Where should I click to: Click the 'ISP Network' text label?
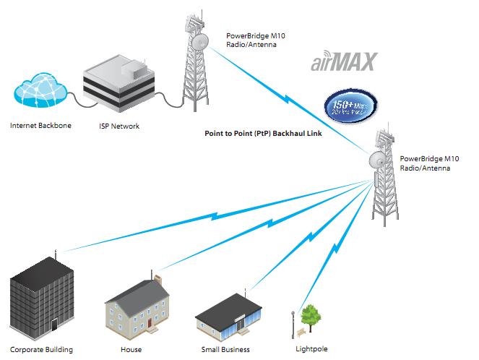[x=119, y=126]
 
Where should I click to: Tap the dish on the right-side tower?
[x=378, y=158]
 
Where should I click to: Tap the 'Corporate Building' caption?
[x=42, y=350]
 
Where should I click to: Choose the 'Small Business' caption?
[x=225, y=350]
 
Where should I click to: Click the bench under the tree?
[x=301, y=332]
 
